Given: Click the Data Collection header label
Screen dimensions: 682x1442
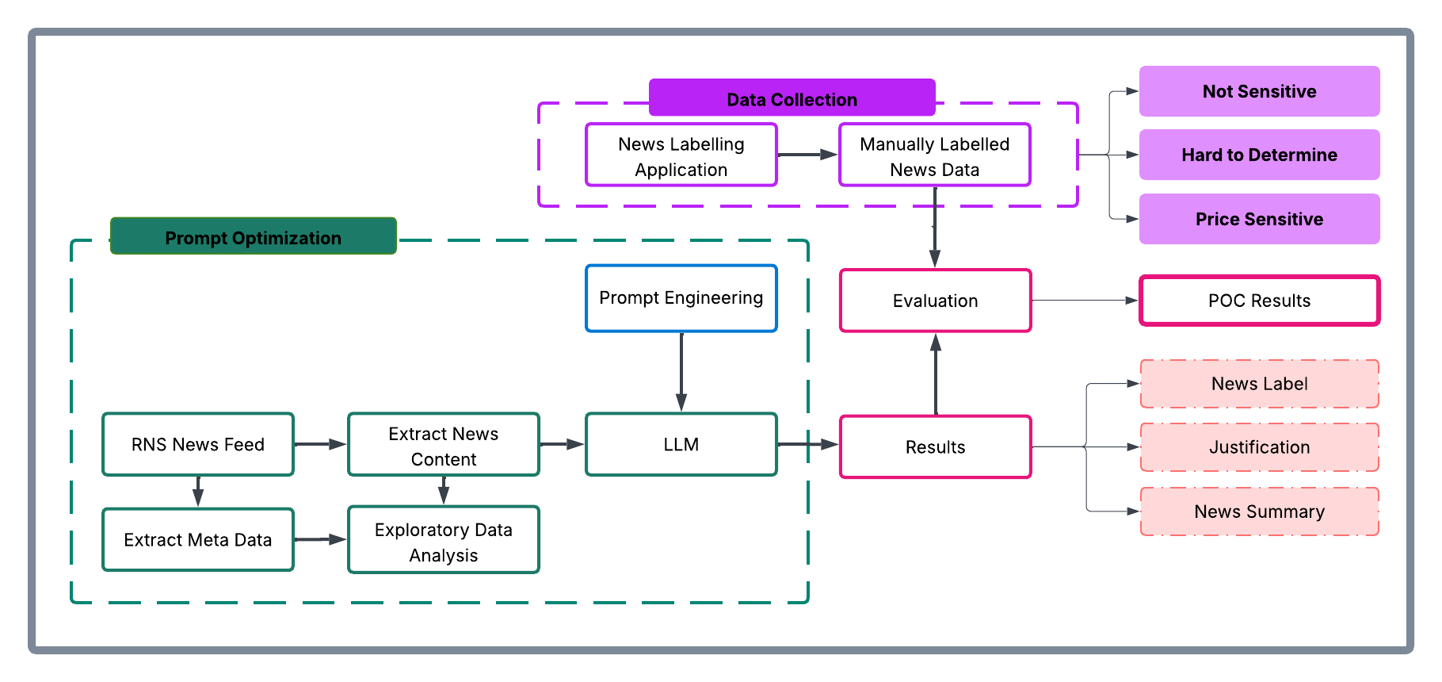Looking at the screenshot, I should [x=792, y=98].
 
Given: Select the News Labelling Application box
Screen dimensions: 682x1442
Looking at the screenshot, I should [x=681, y=155].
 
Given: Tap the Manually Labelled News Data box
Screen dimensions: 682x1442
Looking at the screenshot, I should [x=934, y=155].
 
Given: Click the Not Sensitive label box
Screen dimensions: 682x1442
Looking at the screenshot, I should [x=1259, y=91].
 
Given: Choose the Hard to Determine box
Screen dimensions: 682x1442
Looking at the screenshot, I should [x=1259, y=155].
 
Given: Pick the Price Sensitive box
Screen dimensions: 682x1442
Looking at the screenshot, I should [x=1259, y=219].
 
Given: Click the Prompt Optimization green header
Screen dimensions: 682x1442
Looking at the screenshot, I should [x=253, y=237].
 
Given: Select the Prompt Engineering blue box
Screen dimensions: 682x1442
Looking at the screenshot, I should [x=681, y=298].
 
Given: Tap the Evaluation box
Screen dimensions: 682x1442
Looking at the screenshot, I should [x=935, y=301].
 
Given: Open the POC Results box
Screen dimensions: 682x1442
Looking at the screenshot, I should [x=1259, y=301].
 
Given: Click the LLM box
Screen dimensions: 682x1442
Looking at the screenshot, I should [x=681, y=444].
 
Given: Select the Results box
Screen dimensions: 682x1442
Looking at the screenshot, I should [x=935, y=447].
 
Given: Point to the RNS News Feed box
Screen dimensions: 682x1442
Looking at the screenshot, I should [x=197, y=444].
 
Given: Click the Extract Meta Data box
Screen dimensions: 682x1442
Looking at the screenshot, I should [x=197, y=540].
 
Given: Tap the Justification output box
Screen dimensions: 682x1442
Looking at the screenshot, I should [x=1259, y=447].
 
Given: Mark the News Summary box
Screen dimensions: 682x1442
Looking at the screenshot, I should [x=1259, y=511].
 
